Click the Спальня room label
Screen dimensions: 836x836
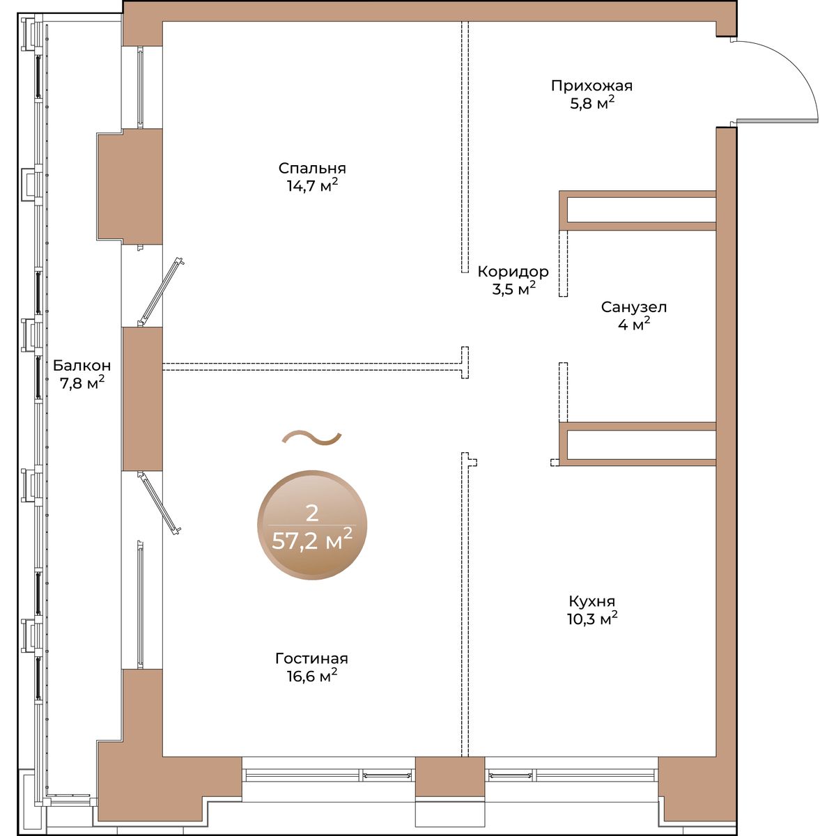312,168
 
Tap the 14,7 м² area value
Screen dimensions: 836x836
312,186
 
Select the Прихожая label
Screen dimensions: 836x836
591,86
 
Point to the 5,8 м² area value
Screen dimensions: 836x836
591,104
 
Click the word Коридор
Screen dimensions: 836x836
513,272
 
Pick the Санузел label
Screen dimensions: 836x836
633,307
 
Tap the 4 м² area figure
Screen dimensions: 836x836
633,325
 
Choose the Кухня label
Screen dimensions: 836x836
591,601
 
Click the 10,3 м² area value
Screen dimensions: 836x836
591,619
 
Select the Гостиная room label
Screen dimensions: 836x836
311,658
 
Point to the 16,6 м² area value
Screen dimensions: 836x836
311,676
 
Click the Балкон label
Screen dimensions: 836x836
82,366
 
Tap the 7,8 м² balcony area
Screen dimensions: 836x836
82,383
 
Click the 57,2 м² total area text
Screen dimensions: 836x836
312,541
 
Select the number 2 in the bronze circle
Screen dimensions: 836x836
312,513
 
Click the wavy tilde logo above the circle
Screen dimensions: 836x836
311,438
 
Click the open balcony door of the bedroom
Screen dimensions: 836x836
160,292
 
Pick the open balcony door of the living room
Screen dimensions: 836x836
159,503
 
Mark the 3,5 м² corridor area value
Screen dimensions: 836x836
513,289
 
